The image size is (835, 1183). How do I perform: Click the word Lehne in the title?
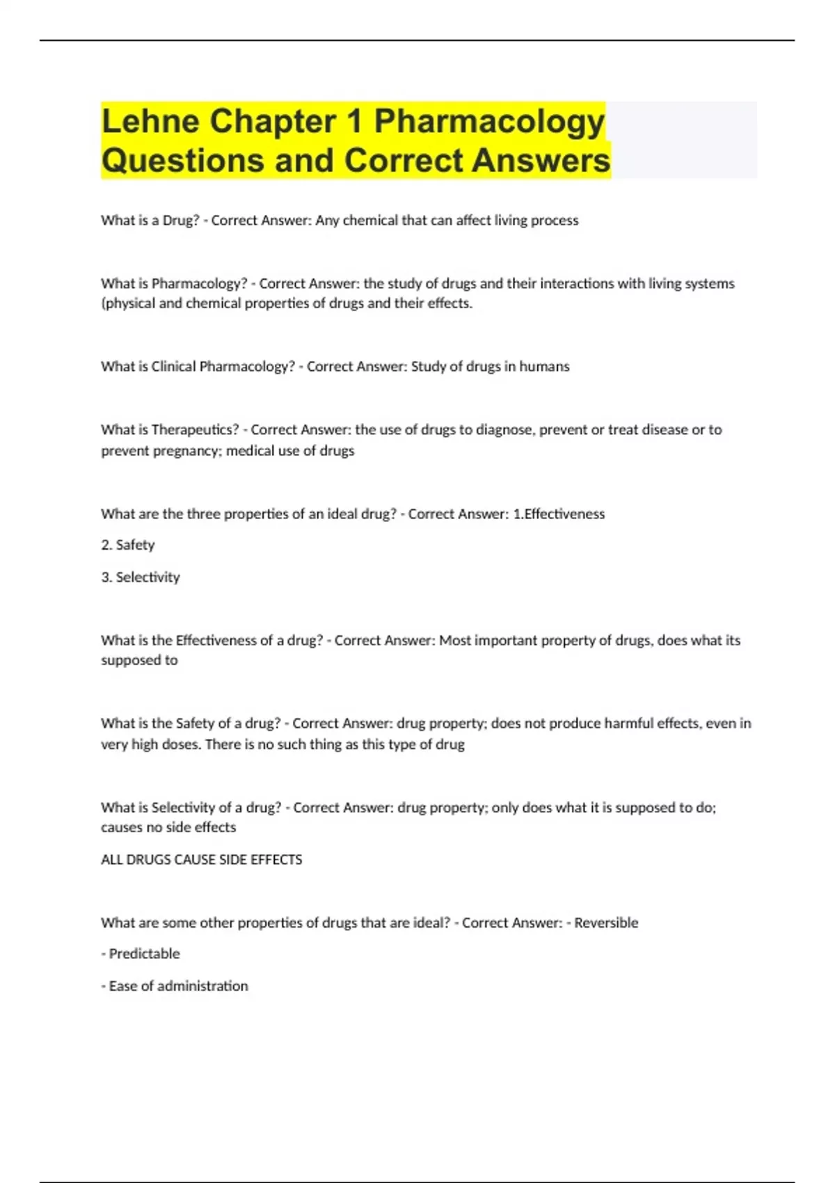(x=150, y=121)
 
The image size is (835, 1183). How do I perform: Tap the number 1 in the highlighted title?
(x=354, y=121)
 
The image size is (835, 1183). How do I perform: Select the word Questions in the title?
(x=183, y=161)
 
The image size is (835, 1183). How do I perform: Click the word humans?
(x=544, y=367)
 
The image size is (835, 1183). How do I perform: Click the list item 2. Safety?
(x=128, y=545)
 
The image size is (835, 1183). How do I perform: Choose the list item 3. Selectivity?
(x=141, y=577)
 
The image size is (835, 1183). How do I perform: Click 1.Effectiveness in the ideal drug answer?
(x=559, y=514)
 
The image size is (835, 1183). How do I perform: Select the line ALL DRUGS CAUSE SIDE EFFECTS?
(x=202, y=860)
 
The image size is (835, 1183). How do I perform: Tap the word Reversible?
(x=606, y=923)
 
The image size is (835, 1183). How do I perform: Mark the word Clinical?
(x=173, y=367)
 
